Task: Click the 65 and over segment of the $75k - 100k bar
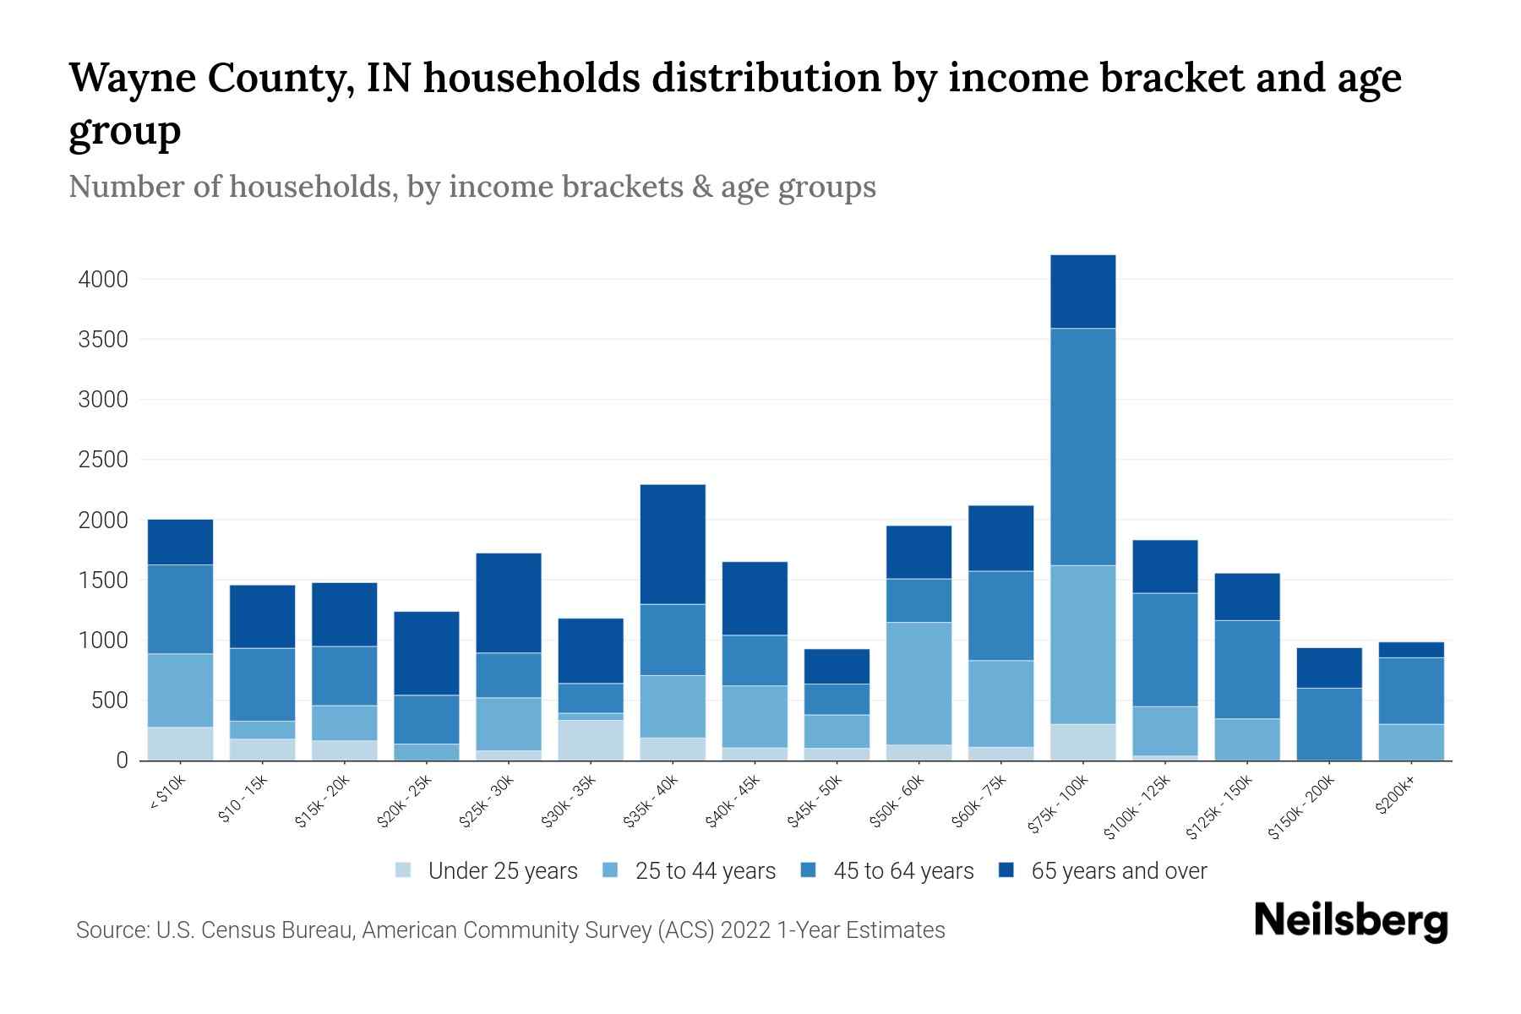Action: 1082,292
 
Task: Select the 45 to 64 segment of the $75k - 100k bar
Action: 1082,446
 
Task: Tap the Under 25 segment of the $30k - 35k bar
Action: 591,739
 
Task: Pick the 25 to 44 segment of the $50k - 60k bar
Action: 919,683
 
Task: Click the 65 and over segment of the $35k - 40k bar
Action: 673,544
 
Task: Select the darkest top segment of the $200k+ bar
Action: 1410,650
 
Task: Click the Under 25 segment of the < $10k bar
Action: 180,743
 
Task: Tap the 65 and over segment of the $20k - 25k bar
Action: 427,653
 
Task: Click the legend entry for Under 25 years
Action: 502,871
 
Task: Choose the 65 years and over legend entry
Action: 1118,871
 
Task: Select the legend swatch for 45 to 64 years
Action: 809,870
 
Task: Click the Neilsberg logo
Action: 1350,921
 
